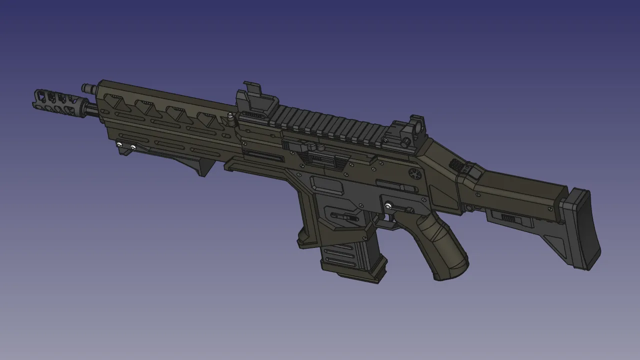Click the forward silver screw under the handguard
[x=120, y=144]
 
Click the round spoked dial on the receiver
[x=414, y=173]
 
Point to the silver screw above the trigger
[x=388, y=205]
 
